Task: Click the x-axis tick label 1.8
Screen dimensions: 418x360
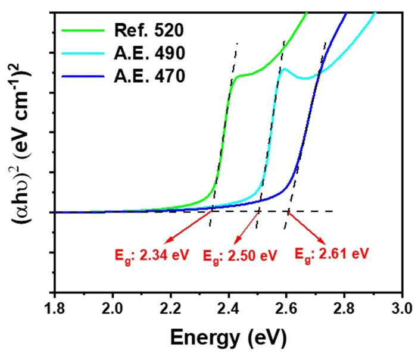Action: click(55, 309)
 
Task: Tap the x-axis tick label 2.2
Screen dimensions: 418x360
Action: click(171, 309)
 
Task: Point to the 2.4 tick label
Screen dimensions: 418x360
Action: click(229, 309)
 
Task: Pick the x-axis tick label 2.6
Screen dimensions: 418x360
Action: click(287, 309)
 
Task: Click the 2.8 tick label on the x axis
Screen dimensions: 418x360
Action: click(345, 309)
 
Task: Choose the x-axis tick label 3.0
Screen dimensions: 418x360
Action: click(403, 309)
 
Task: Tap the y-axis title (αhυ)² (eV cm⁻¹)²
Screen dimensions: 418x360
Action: click(21, 143)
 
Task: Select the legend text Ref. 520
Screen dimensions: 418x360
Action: click(149, 30)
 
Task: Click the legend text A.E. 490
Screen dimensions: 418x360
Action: click(149, 53)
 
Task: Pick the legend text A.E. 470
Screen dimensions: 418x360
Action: click(149, 76)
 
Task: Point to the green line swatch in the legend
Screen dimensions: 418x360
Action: click(83, 30)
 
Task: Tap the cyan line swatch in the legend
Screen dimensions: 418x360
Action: click(83, 54)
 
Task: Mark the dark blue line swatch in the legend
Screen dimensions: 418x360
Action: click(83, 77)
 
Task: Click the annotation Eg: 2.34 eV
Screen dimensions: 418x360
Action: click(152, 255)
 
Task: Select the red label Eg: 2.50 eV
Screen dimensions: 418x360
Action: click(240, 256)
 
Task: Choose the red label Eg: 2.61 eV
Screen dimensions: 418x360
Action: click(332, 254)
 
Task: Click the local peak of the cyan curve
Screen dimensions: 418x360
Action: click(284, 69)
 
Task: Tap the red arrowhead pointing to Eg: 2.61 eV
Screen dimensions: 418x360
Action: click(323, 242)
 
